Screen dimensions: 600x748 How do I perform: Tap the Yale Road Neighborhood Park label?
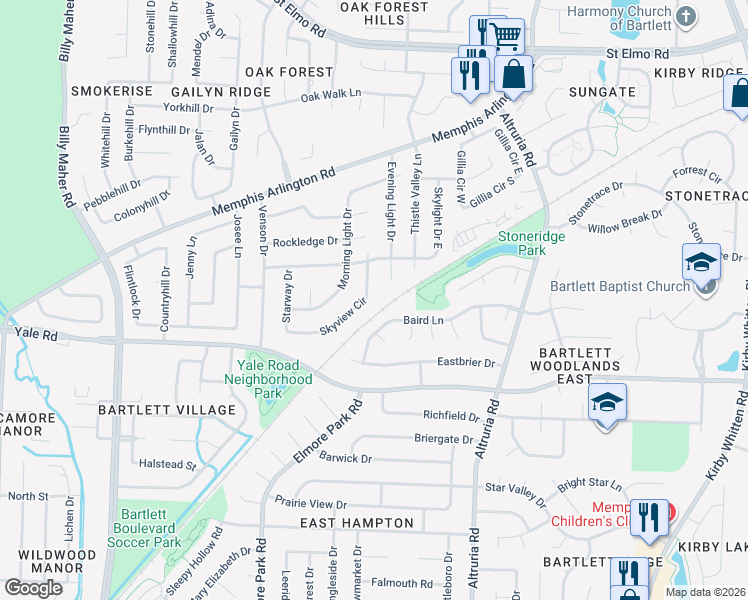tap(267, 379)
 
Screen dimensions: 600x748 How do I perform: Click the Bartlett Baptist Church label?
tap(620, 286)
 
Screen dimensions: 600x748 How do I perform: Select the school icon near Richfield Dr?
tap(607, 402)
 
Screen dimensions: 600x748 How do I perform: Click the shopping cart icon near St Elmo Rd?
tap(507, 36)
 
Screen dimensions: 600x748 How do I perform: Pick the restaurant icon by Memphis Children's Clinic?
tap(651, 517)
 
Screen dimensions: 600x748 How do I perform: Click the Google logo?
tap(33, 587)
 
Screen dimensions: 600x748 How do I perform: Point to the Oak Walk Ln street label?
tap(330, 95)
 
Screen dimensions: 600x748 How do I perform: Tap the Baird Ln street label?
tap(423, 321)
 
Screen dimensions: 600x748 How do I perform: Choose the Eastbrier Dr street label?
tap(466, 363)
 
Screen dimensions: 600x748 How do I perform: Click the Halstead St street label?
tap(167, 464)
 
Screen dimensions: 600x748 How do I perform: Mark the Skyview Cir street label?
tap(343, 315)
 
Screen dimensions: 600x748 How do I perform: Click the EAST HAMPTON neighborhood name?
tap(357, 523)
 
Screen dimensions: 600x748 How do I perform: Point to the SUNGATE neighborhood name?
tap(602, 92)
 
